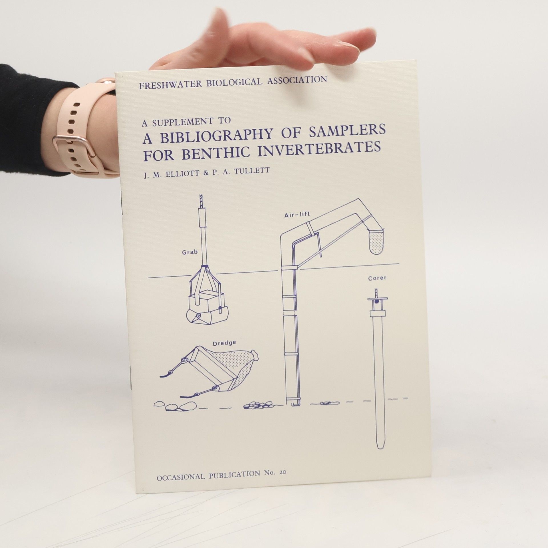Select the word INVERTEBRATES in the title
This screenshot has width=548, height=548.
click(x=320, y=149)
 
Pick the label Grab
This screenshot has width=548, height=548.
click(x=190, y=252)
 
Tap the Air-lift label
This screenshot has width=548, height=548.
click(x=297, y=215)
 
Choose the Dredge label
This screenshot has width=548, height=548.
click(x=225, y=343)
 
